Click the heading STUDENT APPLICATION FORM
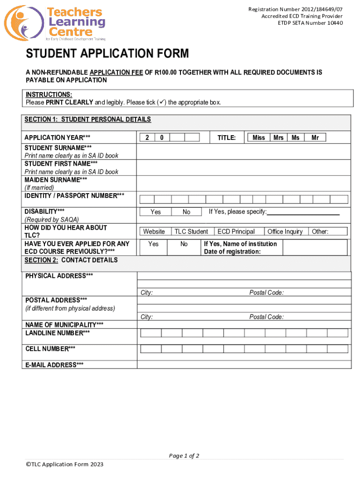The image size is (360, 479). (x=107, y=54)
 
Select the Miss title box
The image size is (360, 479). (x=259, y=138)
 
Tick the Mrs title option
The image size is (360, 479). (x=279, y=138)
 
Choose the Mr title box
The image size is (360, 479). (x=315, y=138)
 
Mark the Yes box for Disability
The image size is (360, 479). (x=156, y=212)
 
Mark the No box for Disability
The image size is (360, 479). (x=187, y=212)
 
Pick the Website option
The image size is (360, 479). (x=154, y=232)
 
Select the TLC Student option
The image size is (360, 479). (x=191, y=232)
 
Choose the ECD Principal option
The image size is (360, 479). (x=236, y=232)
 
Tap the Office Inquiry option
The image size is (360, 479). (x=285, y=232)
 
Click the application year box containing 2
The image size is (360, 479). (x=147, y=138)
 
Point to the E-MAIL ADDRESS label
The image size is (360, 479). (x=54, y=365)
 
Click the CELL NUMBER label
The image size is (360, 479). (x=50, y=348)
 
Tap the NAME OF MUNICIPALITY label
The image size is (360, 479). (x=64, y=325)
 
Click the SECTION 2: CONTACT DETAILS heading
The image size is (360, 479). (x=71, y=260)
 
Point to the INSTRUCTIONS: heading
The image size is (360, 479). (x=49, y=94)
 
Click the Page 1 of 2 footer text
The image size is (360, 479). (x=184, y=456)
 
